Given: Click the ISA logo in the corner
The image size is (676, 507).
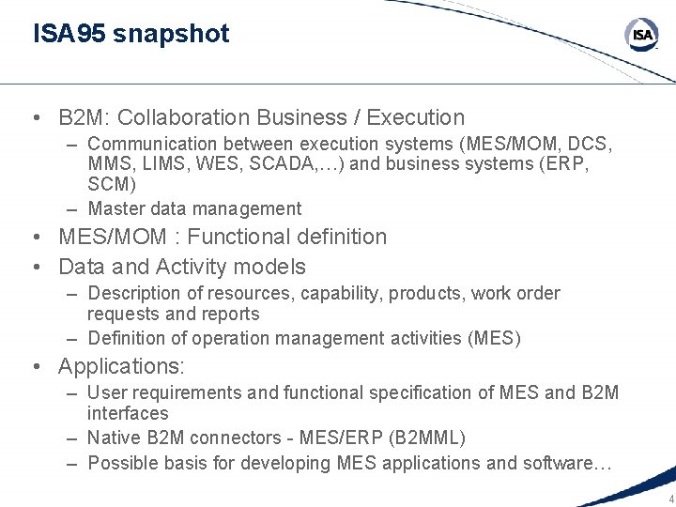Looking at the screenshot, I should pyautogui.click(x=642, y=36).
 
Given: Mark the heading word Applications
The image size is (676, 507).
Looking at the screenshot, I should pyautogui.click(x=121, y=366).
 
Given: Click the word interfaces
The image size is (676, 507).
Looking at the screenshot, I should pyautogui.click(x=128, y=414).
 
